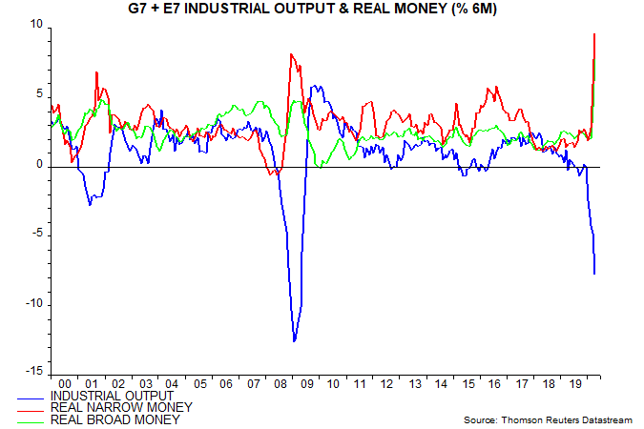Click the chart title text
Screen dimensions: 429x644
tap(322, 10)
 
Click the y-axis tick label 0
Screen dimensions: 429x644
tap(40, 165)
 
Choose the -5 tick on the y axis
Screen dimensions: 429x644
tap(36, 235)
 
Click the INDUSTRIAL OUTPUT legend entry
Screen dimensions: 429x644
tap(113, 395)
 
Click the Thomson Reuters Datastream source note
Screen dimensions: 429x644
tap(547, 420)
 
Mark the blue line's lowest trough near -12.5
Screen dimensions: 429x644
tap(294, 340)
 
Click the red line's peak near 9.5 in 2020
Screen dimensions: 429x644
tap(594, 34)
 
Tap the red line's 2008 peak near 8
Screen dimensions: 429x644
tap(290, 54)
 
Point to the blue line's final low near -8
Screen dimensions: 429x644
tap(594, 274)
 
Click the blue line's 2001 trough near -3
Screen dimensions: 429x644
tap(90, 204)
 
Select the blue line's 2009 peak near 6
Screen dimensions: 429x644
tap(312, 87)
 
